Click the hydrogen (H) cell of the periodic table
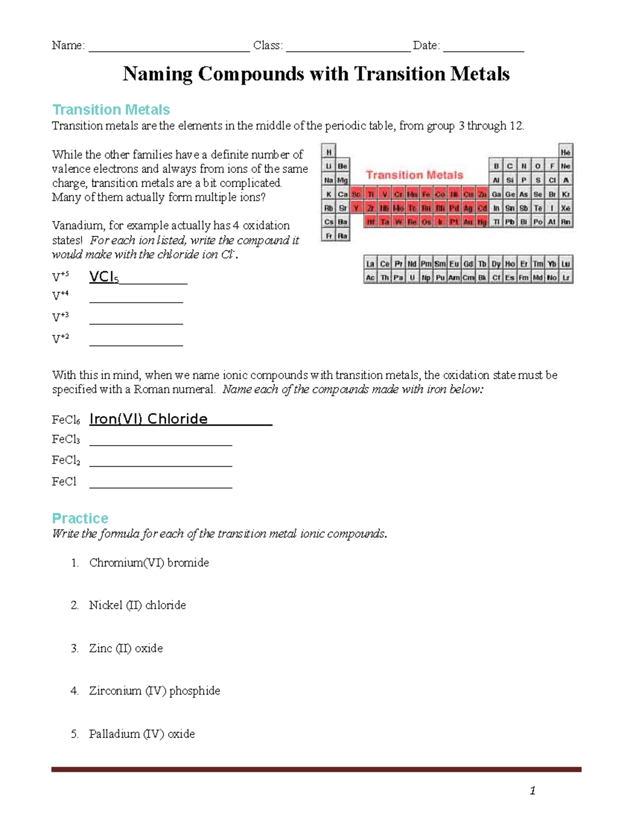click(x=329, y=152)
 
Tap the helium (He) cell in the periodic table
click(x=565, y=152)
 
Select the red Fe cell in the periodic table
click(x=426, y=194)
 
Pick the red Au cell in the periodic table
click(x=468, y=222)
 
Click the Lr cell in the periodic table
click(x=565, y=277)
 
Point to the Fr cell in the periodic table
click(x=329, y=236)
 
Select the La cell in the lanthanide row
click(x=370, y=264)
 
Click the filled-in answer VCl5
click(x=104, y=277)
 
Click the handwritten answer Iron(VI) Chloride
click(x=149, y=419)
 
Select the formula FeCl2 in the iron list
click(x=66, y=460)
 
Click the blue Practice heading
click(x=80, y=518)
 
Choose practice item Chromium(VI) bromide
click(x=149, y=563)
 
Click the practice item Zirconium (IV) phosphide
click(x=154, y=690)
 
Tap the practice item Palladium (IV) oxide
click(x=141, y=734)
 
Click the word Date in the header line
click(x=425, y=45)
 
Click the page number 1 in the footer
click(x=533, y=790)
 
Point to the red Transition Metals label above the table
click(x=415, y=175)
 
